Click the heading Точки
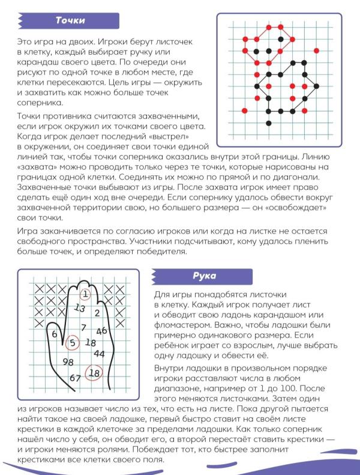[x=70, y=20]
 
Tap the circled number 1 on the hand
[x=85, y=294]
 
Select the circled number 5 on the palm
[x=72, y=343]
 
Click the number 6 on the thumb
[x=55, y=334]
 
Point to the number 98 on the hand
[x=68, y=362]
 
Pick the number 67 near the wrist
[x=76, y=378]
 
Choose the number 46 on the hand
[x=101, y=330]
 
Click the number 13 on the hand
[x=79, y=307]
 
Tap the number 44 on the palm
[x=100, y=354]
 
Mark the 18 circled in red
[x=94, y=373]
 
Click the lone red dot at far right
[x=316, y=50]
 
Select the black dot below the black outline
[x=269, y=124]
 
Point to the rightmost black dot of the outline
[x=316, y=86]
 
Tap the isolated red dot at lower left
[x=244, y=111]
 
